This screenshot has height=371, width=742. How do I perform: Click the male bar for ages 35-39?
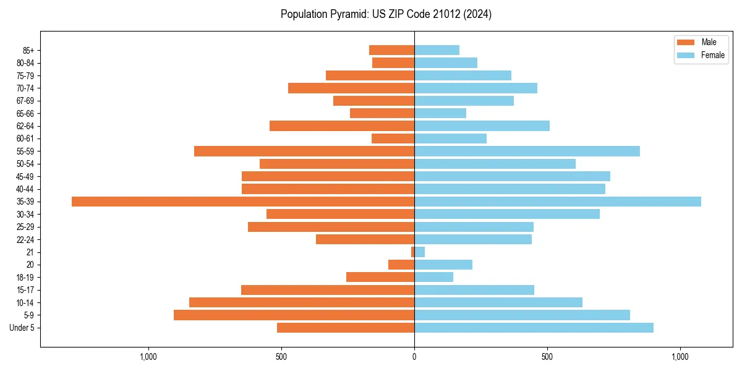[x=242, y=202]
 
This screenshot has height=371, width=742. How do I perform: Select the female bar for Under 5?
[x=534, y=328]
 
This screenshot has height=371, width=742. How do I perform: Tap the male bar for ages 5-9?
[x=294, y=315]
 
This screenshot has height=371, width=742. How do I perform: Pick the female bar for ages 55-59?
[x=527, y=151]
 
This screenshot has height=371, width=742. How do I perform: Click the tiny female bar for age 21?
[x=419, y=252]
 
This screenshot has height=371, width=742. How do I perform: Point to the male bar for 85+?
[x=391, y=50]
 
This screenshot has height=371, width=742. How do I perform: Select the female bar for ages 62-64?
[x=482, y=126]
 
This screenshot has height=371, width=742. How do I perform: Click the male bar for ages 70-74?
[x=351, y=88]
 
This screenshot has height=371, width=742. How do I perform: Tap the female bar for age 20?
[x=443, y=265]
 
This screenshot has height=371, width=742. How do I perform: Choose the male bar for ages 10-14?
[x=302, y=302]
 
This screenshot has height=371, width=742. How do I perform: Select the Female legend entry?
[x=701, y=55]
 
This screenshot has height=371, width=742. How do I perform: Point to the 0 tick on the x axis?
[x=414, y=357]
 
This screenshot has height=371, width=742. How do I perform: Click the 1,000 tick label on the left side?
[x=148, y=357]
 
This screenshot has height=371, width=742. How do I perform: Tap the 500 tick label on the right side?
[x=547, y=357]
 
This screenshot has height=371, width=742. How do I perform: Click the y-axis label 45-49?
[x=25, y=177]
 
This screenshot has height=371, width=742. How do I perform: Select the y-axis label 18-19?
[x=25, y=278]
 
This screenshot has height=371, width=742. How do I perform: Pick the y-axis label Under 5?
[x=22, y=328]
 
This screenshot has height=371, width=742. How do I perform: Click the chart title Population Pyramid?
[x=386, y=14]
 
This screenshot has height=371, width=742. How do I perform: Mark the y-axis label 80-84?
[x=25, y=63]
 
